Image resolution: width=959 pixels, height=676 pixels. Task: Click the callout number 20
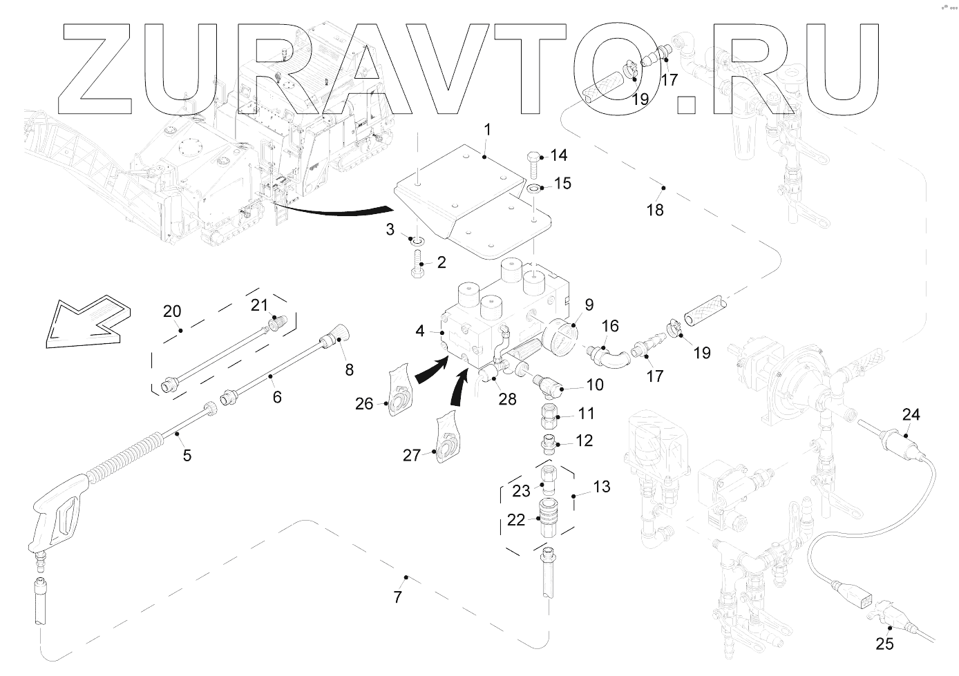point(172,311)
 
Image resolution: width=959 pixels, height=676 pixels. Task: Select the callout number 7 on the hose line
point(397,597)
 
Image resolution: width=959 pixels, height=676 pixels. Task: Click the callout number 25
point(884,644)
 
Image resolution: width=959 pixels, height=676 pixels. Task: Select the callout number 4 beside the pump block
point(420,331)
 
